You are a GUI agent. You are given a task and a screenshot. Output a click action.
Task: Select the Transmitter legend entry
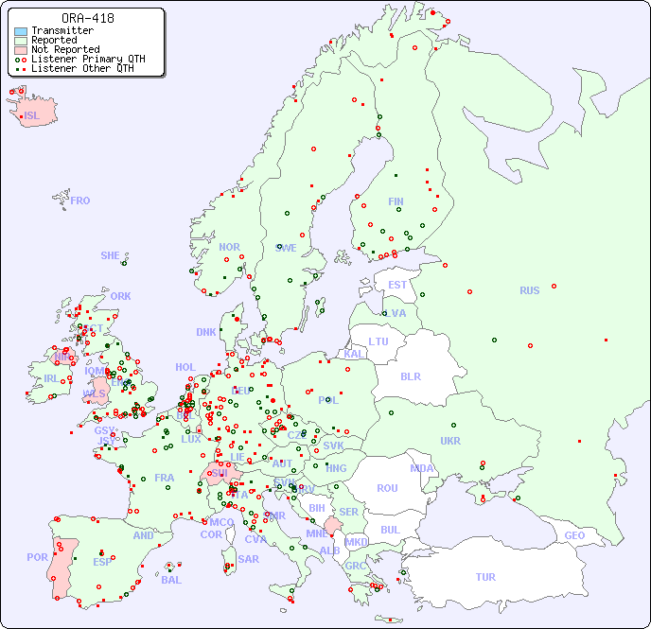coord(62,31)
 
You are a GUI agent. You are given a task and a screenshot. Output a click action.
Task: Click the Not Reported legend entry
coord(64,50)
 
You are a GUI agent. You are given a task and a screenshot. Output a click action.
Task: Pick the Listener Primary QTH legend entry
coord(80,60)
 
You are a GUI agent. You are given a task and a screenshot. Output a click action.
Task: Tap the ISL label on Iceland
coord(32,116)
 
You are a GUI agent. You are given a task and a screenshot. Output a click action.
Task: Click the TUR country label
coord(485,577)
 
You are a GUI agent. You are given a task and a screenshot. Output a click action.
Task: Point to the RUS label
coord(529,290)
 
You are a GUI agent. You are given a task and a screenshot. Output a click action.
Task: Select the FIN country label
coord(396,201)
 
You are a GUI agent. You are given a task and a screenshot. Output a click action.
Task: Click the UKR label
coord(450,441)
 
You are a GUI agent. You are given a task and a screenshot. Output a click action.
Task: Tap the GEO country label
coord(574,535)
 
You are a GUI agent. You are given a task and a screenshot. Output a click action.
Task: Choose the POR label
coord(37,557)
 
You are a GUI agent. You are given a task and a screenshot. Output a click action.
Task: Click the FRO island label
coord(80,201)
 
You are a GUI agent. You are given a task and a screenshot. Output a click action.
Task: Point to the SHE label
coord(110,255)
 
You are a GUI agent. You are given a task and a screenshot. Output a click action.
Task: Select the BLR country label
coord(411,376)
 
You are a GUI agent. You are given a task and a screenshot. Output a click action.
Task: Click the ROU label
coord(387,488)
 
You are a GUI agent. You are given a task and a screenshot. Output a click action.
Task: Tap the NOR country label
coord(229,247)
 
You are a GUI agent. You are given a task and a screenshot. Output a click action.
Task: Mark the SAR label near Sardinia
coord(248,558)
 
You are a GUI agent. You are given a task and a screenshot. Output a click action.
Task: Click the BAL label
coord(170,580)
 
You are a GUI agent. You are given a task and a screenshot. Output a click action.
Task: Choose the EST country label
coord(397,285)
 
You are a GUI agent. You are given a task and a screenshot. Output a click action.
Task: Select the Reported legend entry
coord(54,41)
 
